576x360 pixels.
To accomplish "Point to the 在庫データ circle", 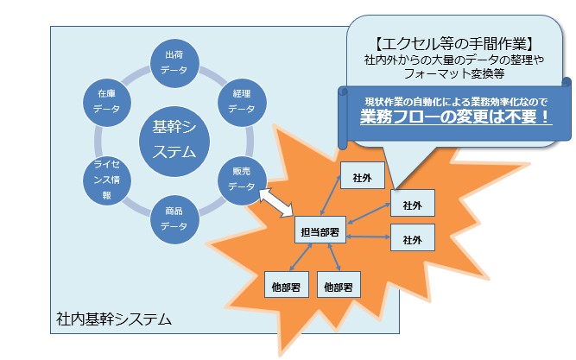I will click(106, 102).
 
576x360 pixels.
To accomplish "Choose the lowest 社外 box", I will click(412, 236).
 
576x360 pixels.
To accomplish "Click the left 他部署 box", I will click(286, 282).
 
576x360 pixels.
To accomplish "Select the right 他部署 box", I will click(339, 282).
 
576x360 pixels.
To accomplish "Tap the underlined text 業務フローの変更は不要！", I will click(455, 115).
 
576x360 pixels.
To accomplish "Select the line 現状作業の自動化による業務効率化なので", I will click(454, 97).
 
